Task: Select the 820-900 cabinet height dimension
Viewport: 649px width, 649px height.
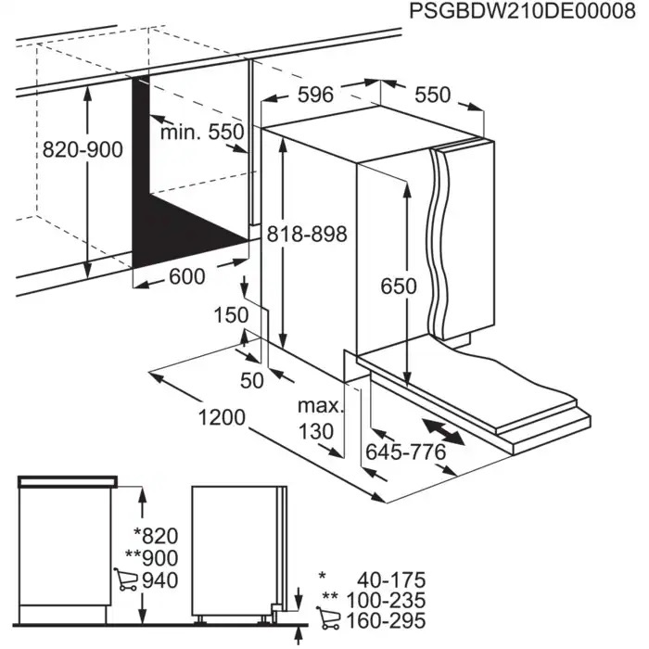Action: (83, 149)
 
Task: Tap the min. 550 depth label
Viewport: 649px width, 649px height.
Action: (201, 133)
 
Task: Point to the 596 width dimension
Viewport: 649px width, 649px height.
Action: (316, 95)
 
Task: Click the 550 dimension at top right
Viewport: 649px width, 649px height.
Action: (431, 95)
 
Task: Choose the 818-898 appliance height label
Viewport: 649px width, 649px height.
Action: (305, 235)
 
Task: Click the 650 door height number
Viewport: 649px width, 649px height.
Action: (399, 286)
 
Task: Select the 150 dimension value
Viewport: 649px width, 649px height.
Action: (231, 315)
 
